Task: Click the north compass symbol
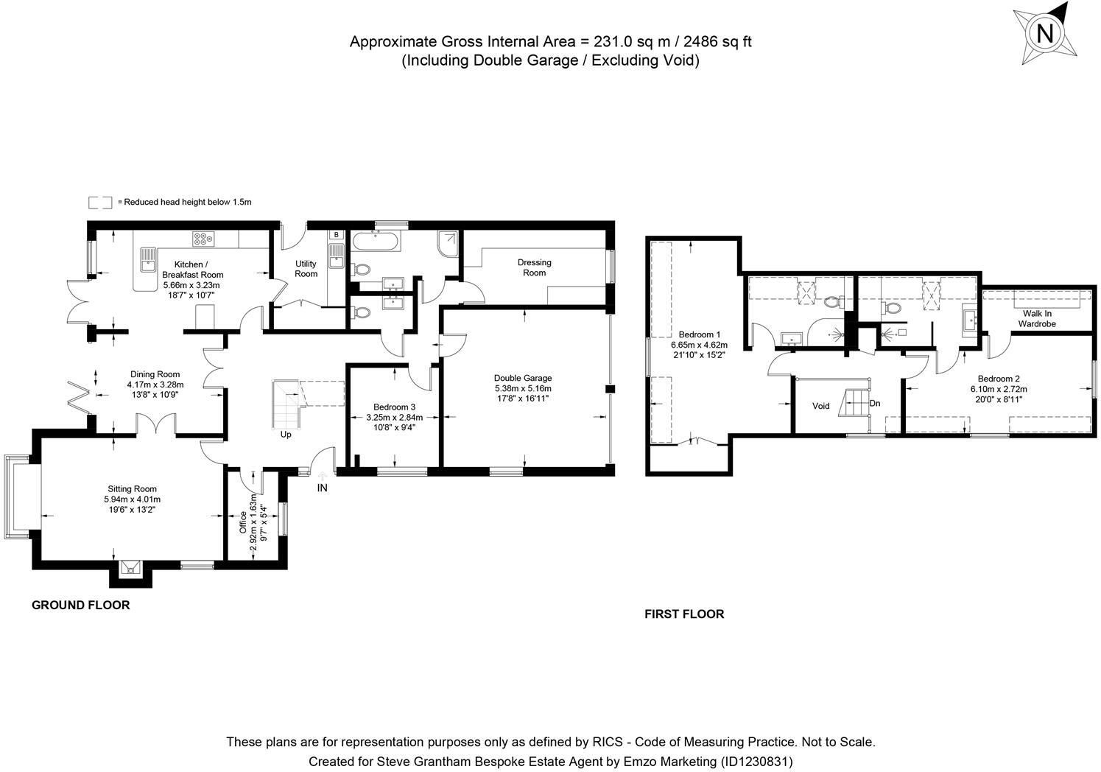[x=1044, y=34]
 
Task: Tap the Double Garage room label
[x=523, y=378]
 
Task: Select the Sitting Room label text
[x=132, y=489]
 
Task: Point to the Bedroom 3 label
[x=394, y=407]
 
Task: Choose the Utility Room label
[x=306, y=269]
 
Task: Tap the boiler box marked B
[x=337, y=235]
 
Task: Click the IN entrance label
[x=322, y=488]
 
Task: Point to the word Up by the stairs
[x=286, y=435]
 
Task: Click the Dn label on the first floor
[x=875, y=404]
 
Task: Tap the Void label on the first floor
[x=820, y=406]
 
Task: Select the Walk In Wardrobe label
[x=1037, y=318]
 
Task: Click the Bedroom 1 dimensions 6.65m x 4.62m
[x=699, y=345]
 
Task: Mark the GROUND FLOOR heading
[x=80, y=606]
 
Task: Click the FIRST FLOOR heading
[x=684, y=614]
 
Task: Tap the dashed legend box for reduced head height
[x=100, y=202]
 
